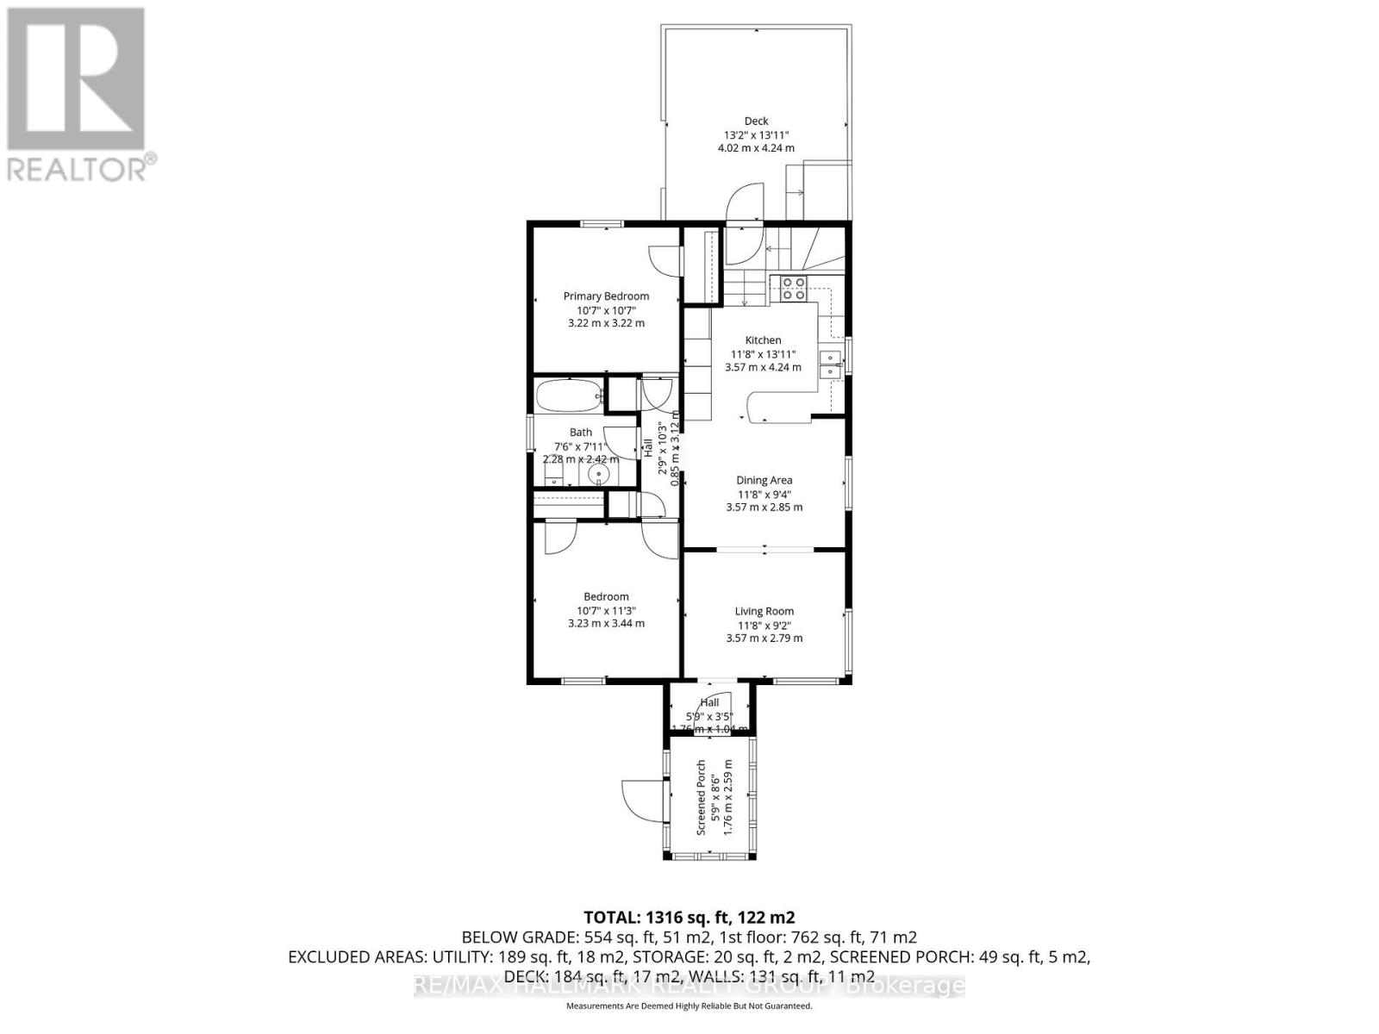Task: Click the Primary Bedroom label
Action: tap(606, 296)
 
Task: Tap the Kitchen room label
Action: tap(763, 340)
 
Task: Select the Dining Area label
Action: tap(764, 481)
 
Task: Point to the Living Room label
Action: tap(764, 612)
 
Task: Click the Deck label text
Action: tap(756, 121)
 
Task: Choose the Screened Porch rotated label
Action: tap(702, 797)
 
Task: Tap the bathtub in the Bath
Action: tap(568, 397)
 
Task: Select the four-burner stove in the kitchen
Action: tap(793, 288)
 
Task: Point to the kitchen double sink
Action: tap(831, 364)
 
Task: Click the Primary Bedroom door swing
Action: tap(664, 259)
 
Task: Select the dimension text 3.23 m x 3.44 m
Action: tap(606, 624)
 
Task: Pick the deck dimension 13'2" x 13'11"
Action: tap(756, 135)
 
